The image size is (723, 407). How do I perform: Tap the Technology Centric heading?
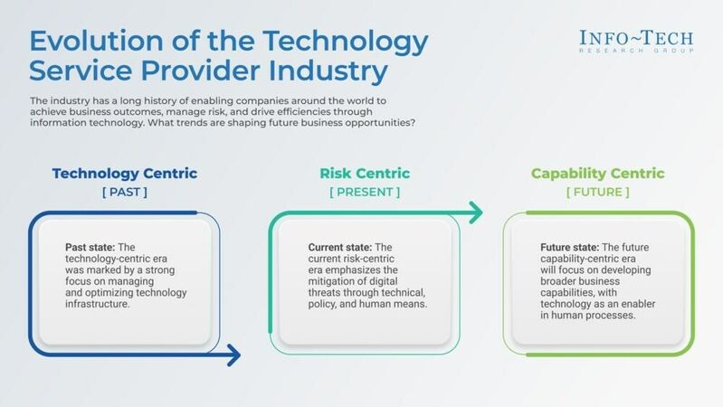[124, 174]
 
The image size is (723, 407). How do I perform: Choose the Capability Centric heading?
[598, 174]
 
